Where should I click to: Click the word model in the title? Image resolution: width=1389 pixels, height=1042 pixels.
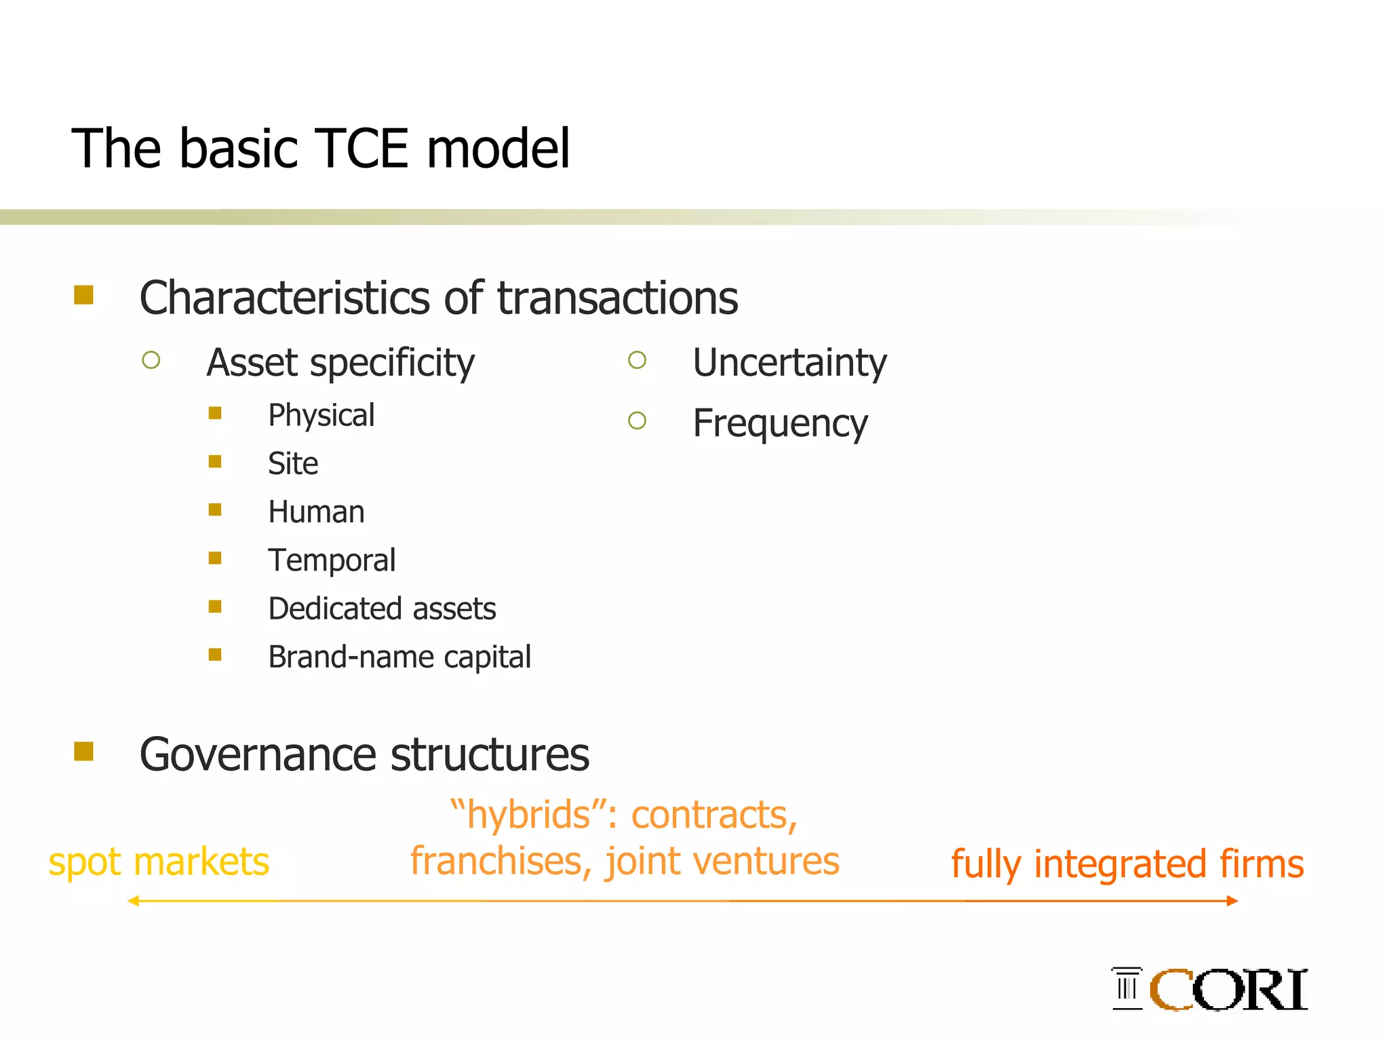[498, 149]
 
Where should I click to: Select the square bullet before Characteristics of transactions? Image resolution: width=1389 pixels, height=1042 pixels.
[83, 295]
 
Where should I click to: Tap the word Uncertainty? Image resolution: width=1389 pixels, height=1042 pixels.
[789, 363]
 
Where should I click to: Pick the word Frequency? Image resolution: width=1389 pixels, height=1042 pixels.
[780, 424]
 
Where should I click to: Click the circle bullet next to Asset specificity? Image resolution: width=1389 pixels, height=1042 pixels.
[151, 360]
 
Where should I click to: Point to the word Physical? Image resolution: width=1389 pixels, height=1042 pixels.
[321, 415]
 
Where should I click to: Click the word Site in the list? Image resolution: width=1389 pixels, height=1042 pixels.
[292, 464]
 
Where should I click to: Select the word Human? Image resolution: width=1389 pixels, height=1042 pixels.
[316, 512]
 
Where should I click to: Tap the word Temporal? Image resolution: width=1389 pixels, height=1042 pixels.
[332, 560]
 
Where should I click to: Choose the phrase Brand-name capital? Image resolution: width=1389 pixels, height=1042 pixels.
[399, 657]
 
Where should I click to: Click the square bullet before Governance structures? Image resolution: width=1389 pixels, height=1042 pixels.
[83, 752]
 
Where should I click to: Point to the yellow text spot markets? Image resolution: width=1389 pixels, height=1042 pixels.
[159, 862]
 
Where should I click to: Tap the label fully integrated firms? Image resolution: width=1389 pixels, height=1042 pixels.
[1127, 864]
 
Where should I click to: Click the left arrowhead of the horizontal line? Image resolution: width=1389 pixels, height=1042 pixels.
[134, 901]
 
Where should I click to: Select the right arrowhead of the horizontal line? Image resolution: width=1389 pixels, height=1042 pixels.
[1232, 901]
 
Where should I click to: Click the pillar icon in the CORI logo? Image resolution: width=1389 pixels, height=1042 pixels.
[1127, 988]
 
